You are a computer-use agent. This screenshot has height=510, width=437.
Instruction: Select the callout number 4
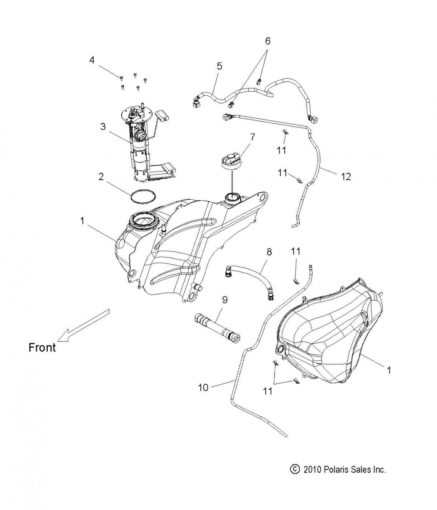pyautogui.click(x=92, y=60)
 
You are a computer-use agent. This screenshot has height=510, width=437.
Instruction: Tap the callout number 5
pyautogui.click(x=219, y=66)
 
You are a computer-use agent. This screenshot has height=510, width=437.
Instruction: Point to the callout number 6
pyautogui.click(x=267, y=41)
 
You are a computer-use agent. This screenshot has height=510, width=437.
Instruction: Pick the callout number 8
pyautogui.click(x=269, y=252)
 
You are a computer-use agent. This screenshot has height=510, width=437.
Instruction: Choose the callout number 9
pyautogui.click(x=224, y=300)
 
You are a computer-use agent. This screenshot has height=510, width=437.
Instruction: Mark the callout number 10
pyautogui.click(x=203, y=388)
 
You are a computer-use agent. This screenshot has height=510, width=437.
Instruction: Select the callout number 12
pyautogui.click(x=346, y=176)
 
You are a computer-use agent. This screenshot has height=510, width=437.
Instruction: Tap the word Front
pyautogui.click(x=42, y=347)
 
